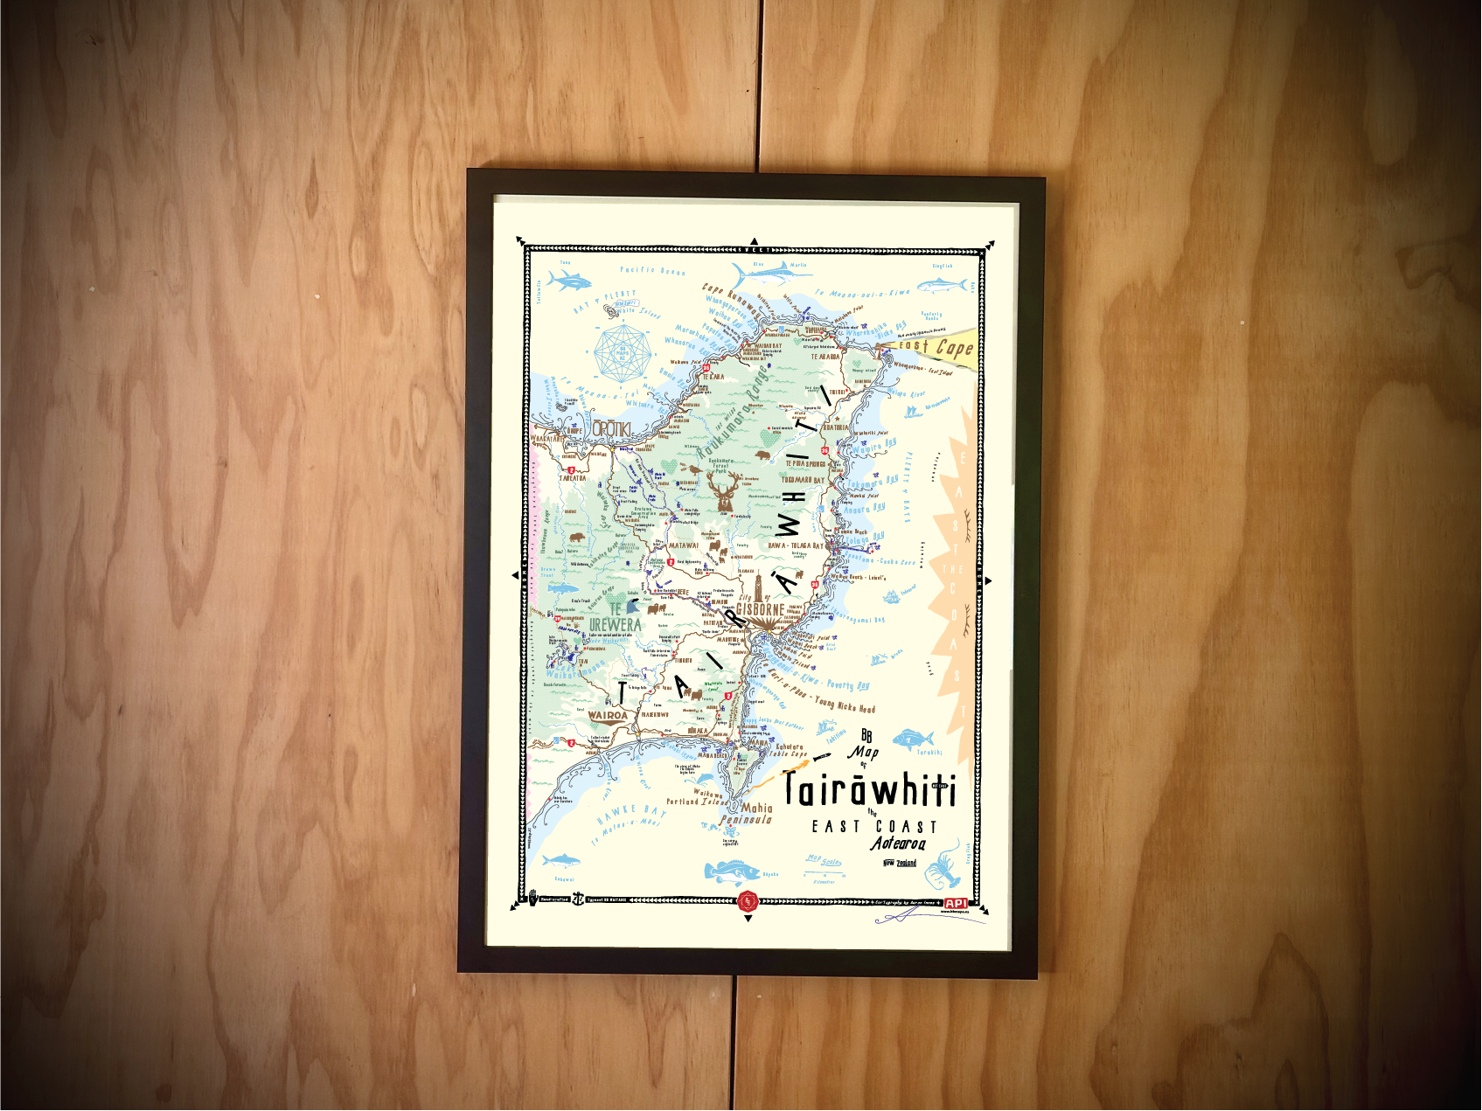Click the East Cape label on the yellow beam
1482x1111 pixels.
pos(937,347)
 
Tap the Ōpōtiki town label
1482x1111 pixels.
pos(611,429)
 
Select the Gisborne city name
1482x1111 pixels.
pos(760,609)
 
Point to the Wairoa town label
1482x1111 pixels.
pos(608,715)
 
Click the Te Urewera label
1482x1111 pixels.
pos(615,618)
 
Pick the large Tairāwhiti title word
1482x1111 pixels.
pos(870,789)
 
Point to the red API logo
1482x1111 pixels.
pos(956,903)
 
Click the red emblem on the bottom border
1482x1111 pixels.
pos(748,901)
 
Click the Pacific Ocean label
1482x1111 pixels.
pos(652,271)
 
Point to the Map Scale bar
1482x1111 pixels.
pos(824,863)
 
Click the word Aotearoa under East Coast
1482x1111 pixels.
pos(898,844)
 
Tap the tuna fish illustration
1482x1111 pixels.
pos(568,281)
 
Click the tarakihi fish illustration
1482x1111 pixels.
pos(914,739)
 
